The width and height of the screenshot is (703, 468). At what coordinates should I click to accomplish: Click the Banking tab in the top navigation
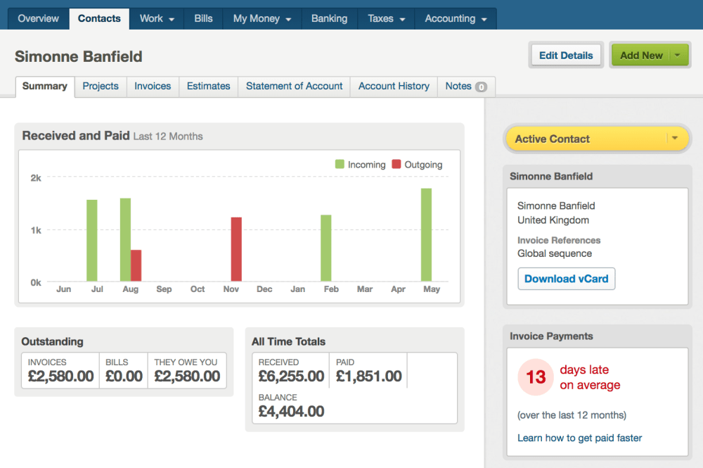329,19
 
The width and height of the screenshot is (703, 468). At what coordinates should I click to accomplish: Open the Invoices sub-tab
153,86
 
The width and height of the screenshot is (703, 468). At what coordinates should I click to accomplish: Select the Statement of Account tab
294,86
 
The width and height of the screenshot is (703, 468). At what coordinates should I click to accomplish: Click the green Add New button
641,56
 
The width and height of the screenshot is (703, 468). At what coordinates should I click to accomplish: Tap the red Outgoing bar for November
236,249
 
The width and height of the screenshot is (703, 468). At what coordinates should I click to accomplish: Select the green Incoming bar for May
426,234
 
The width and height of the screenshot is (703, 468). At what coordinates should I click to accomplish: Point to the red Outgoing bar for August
136,265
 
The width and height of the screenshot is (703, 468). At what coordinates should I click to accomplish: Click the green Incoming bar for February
325,248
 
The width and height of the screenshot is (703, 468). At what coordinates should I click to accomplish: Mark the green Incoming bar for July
92,240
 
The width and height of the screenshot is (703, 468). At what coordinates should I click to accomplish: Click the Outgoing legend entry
417,165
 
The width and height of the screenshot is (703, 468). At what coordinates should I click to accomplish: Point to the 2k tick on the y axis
35,178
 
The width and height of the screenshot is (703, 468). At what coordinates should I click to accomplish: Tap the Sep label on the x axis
164,289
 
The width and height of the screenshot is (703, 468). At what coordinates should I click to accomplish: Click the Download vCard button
566,279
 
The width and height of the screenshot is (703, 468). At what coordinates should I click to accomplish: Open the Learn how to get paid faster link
579,438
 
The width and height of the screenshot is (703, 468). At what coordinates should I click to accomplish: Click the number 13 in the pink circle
536,377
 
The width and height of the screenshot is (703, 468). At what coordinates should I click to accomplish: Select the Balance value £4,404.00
291,411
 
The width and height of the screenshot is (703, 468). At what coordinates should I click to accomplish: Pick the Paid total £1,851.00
368,377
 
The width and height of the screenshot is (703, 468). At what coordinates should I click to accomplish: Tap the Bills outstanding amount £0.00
124,377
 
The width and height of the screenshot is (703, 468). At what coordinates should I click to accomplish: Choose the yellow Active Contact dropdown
596,139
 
